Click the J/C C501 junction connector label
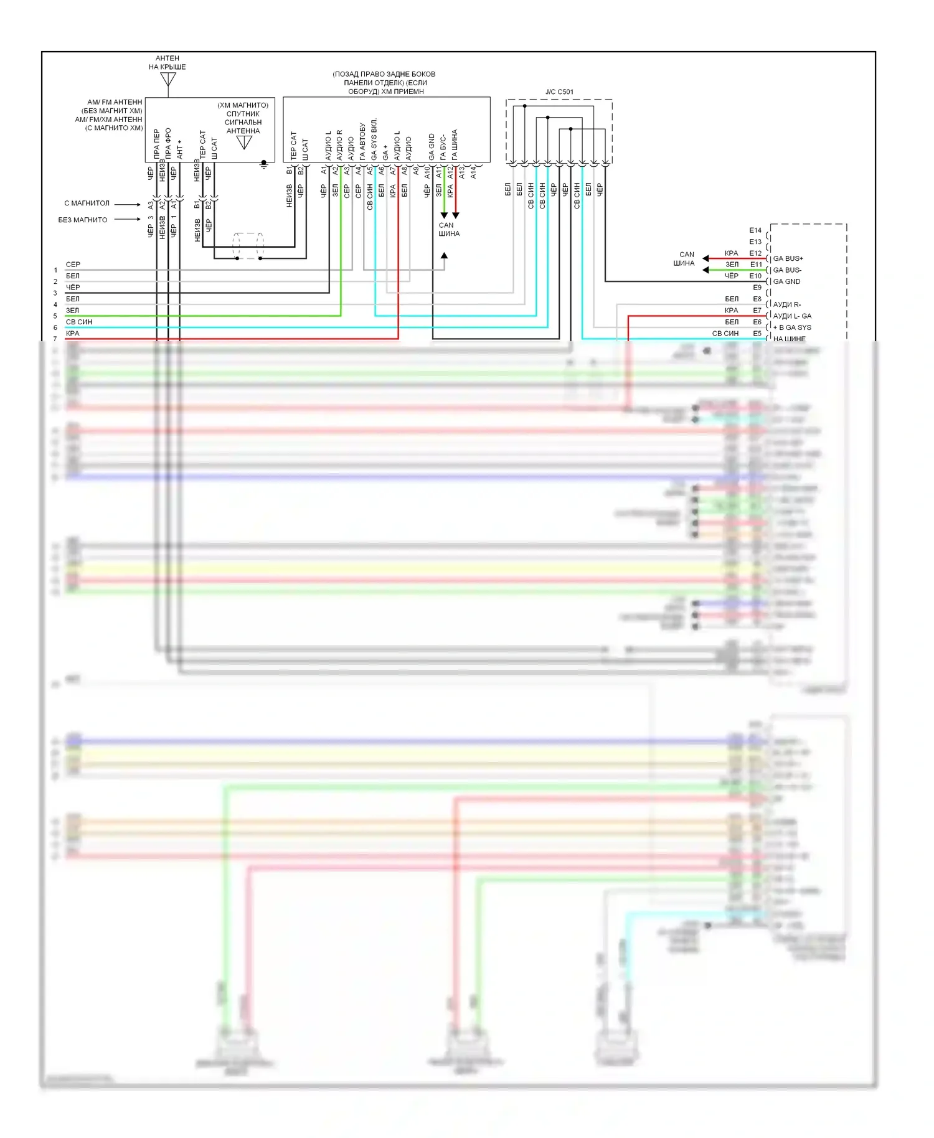tap(559, 92)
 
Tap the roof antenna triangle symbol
tap(168, 80)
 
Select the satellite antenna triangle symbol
tap(244, 143)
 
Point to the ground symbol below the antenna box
tap(264, 165)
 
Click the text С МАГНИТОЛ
tap(87, 204)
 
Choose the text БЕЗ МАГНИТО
tap(83, 220)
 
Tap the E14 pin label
tap(755, 230)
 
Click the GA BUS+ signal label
tap(788, 258)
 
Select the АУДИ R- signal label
tap(786, 304)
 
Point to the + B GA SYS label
tap(792, 327)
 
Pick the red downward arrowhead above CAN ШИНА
tap(456, 215)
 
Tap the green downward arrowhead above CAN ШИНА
tap(444, 215)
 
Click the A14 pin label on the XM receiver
tap(473, 172)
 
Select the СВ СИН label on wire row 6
tap(79, 322)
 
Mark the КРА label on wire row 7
tap(73, 334)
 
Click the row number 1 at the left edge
tap(55, 270)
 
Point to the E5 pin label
tap(757, 334)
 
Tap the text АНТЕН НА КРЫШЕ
tap(167, 63)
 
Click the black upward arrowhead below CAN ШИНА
tap(444, 255)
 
